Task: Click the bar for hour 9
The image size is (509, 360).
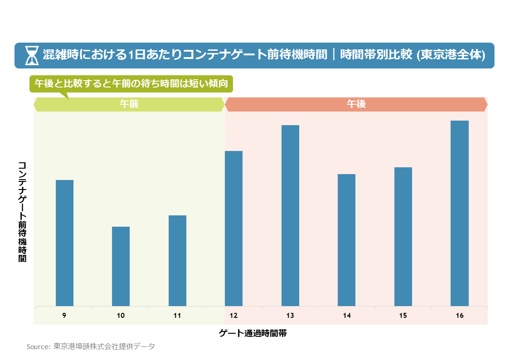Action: (64, 243)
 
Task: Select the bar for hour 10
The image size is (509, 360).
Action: (121, 266)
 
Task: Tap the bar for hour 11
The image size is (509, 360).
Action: (177, 261)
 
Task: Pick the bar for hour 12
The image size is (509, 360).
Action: (233, 229)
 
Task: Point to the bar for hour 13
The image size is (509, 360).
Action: (290, 215)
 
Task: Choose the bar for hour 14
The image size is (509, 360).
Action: (346, 240)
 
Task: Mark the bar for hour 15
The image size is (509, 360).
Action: (403, 237)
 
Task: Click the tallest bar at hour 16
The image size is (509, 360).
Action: (459, 213)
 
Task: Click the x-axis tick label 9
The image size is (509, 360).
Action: (64, 316)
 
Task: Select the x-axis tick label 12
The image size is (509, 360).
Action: (233, 316)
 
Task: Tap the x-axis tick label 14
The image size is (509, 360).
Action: (347, 316)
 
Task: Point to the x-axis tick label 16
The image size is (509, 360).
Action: (460, 316)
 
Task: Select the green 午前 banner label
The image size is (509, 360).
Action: (129, 104)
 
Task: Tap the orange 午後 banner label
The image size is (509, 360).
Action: (356, 104)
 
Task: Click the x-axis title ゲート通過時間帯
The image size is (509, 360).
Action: (252, 334)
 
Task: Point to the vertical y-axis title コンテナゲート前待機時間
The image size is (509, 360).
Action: (22, 211)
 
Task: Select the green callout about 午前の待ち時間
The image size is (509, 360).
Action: (131, 84)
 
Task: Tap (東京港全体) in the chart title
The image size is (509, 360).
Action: (450, 55)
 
